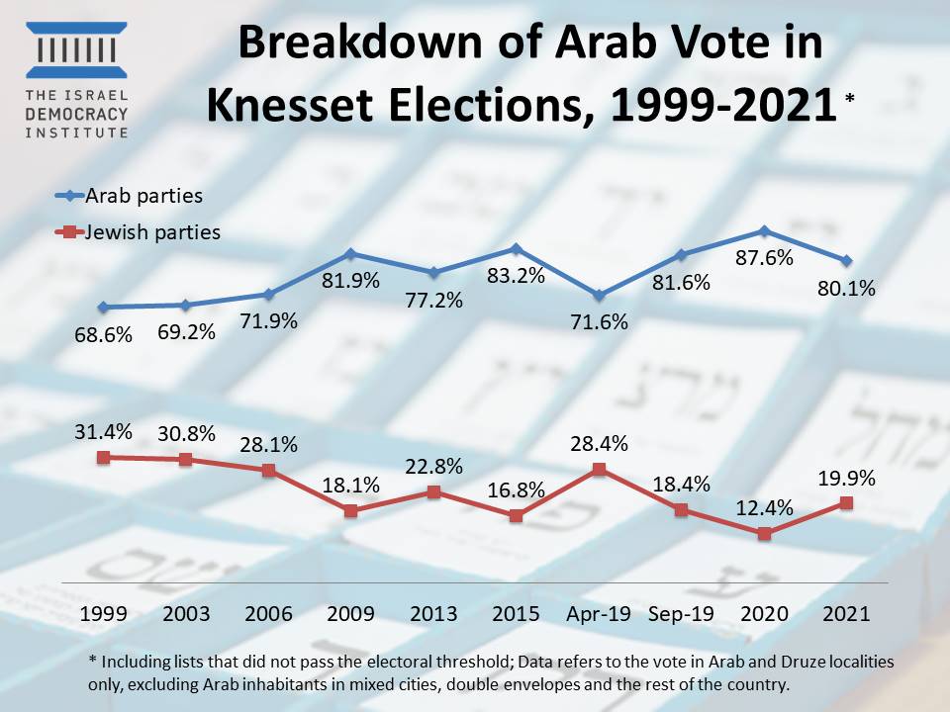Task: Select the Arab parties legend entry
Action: click(x=128, y=196)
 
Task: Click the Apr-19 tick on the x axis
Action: click(x=598, y=613)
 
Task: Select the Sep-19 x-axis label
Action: click(x=681, y=613)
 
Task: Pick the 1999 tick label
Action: click(x=104, y=613)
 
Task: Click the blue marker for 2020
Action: click(x=764, y=231)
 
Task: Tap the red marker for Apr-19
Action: click(x=599, y=469)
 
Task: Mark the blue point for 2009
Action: click(x=351, y=254)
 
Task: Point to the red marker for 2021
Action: click(x=846, y=502)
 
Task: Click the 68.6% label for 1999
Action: click(x=104, y=335)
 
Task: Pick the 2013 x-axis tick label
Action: click(x=433, y=613)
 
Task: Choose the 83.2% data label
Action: click(x=517, y=276)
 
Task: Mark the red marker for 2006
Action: click(x=269, y=470)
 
